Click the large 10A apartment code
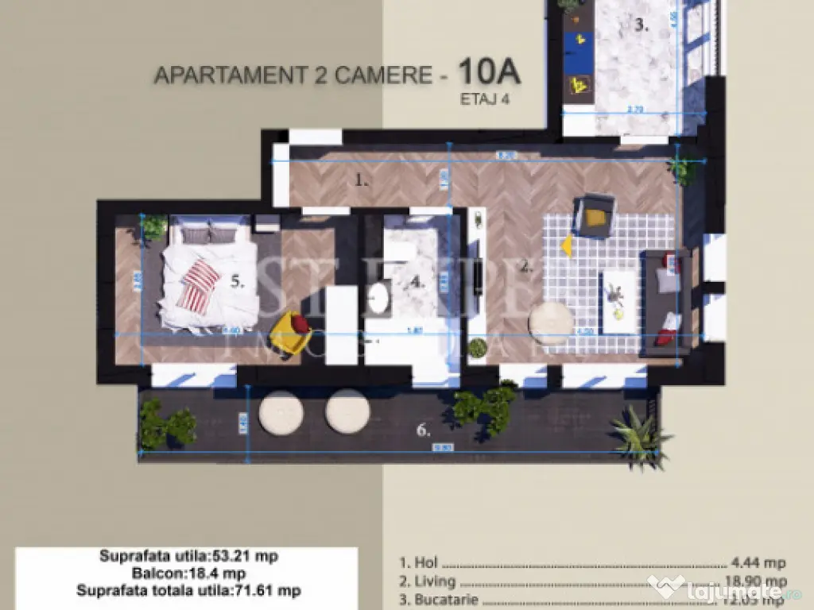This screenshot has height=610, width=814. (x=489, y=71)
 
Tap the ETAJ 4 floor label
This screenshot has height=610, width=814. (x=484, y=99)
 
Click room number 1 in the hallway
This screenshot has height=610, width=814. (x=362, y=180)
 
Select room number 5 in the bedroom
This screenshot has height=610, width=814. (x=237, y=280)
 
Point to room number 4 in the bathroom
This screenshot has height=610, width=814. (x=418, y=282)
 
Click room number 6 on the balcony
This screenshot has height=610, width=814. (x=424, y=431)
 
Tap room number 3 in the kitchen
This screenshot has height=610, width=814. (x=642, y=25)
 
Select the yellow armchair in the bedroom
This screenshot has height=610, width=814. (x=291, y=330)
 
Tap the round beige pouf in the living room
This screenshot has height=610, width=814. (x=551, y=322)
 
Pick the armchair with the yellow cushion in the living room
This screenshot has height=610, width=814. (x=594, y=214)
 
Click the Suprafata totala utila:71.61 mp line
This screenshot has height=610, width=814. (x=188, y=590)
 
